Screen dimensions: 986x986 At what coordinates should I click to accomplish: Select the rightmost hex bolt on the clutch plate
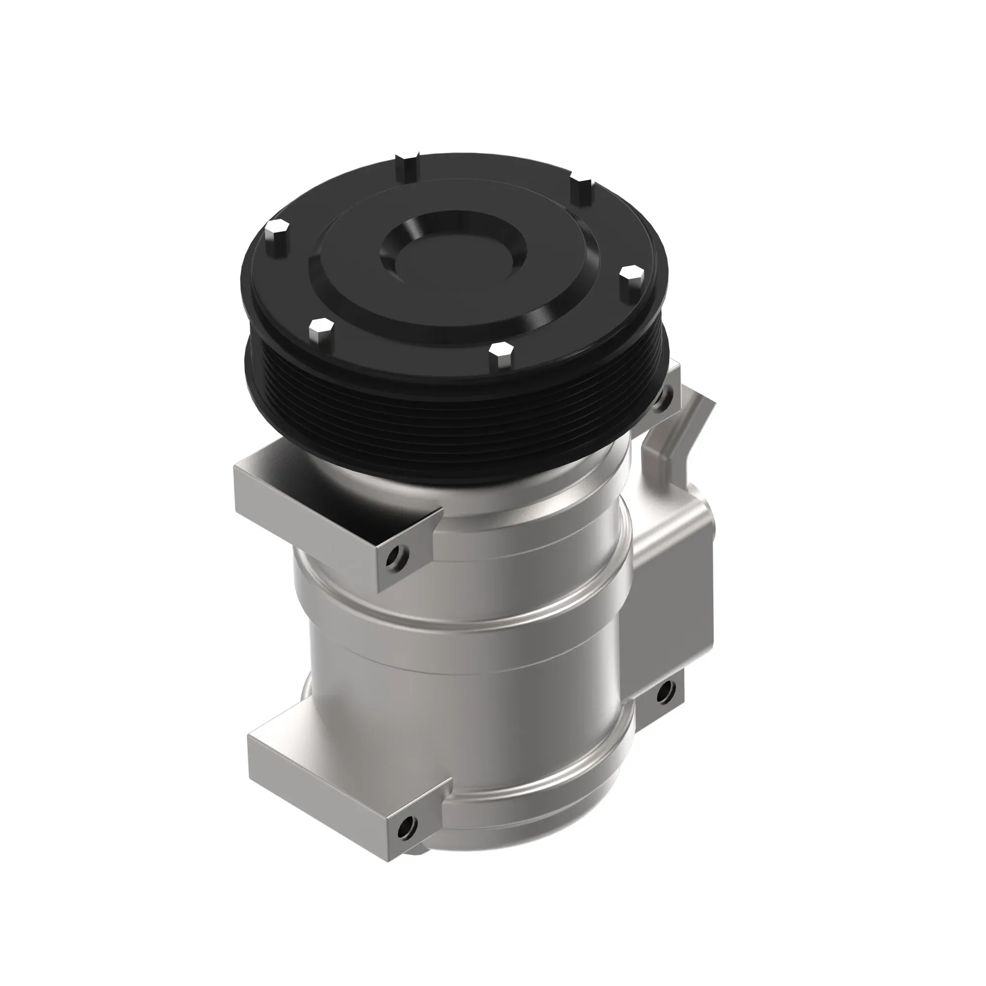pyautogui.click(x=632, y=278)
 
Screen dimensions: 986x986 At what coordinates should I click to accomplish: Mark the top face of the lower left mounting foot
pyautogui.click(x=347, y=760)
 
